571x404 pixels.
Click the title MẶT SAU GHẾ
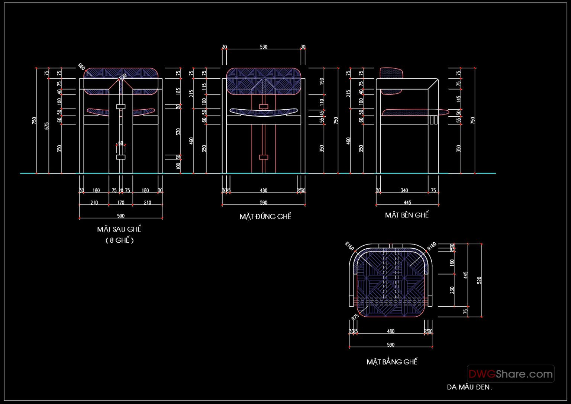[119, 229]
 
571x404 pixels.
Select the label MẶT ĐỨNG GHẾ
[265, 217]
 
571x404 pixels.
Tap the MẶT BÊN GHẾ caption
[407, 215]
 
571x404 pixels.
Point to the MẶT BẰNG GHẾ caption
[392, 362]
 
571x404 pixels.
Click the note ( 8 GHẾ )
[119, 240]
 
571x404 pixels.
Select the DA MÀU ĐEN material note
[469, 387]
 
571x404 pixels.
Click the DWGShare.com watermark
[510, 374]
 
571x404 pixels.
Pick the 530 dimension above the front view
[263, 47]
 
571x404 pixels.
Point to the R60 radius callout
[81, 67]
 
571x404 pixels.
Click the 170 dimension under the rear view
[121, 203]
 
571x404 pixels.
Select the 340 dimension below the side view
[404, 190]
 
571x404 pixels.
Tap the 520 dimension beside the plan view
[479, 280]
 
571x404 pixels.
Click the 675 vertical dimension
[47, 126]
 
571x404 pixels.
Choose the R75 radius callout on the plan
[355, 317]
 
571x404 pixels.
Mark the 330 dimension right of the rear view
[178, 132]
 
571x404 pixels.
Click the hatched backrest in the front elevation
[263, 81]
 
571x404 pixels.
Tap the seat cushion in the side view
[413, 112]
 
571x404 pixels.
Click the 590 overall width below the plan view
[390, 345]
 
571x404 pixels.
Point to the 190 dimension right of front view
[322, 80]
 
